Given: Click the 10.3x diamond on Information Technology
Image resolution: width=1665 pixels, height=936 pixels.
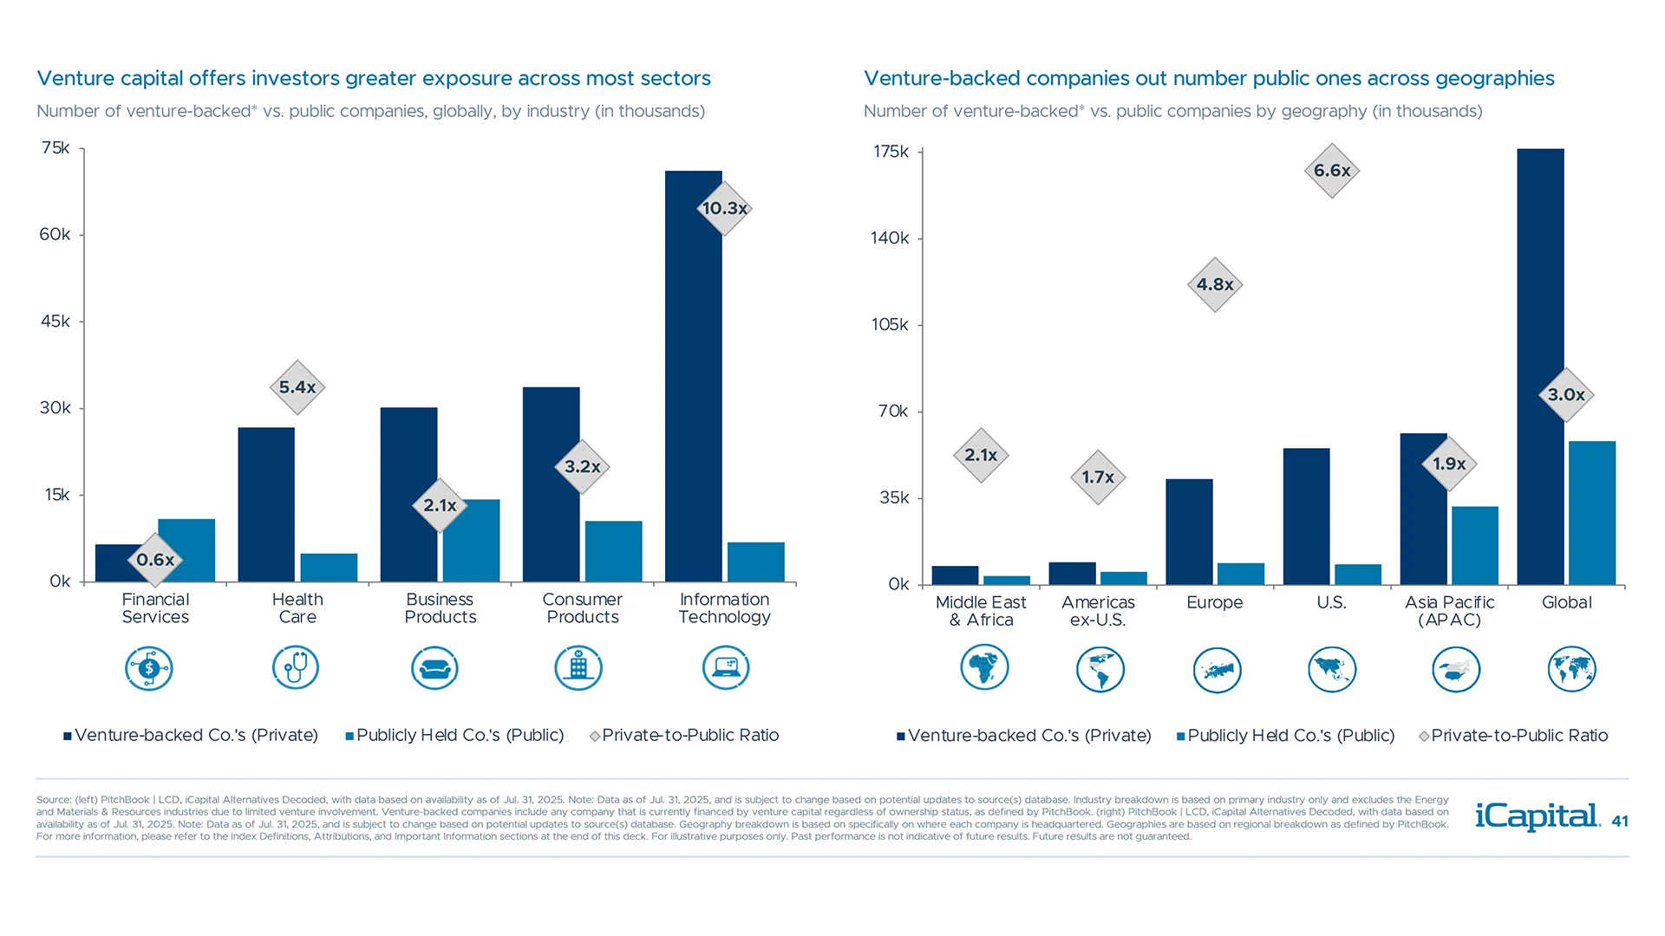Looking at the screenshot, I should [724, 208].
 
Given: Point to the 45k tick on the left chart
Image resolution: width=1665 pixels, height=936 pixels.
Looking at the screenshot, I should [55, 322].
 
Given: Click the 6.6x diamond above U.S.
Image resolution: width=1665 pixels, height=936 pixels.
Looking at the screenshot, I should [1331, 171].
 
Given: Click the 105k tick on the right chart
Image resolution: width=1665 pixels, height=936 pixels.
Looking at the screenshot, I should [890, 325].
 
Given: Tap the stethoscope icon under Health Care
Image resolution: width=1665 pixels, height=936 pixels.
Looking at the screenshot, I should [296, 668].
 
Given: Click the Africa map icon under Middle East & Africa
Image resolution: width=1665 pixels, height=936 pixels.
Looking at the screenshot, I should [983, 668].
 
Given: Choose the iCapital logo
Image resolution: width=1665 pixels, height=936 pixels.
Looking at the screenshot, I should [1537, 816].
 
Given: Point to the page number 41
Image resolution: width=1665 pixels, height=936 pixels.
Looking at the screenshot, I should [1619, 822].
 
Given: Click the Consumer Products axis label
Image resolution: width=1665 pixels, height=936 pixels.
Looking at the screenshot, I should [582, 608].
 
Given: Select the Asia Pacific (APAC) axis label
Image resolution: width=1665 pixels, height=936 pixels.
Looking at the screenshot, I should [1449, 611].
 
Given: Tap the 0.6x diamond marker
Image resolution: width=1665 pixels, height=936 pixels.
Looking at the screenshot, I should [155, 560].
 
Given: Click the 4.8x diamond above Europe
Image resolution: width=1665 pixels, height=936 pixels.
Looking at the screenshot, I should [1214, 284].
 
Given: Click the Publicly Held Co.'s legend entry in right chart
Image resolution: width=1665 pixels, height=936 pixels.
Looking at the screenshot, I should [1285, 736].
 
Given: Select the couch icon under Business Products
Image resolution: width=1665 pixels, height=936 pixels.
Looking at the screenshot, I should [434, 668].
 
